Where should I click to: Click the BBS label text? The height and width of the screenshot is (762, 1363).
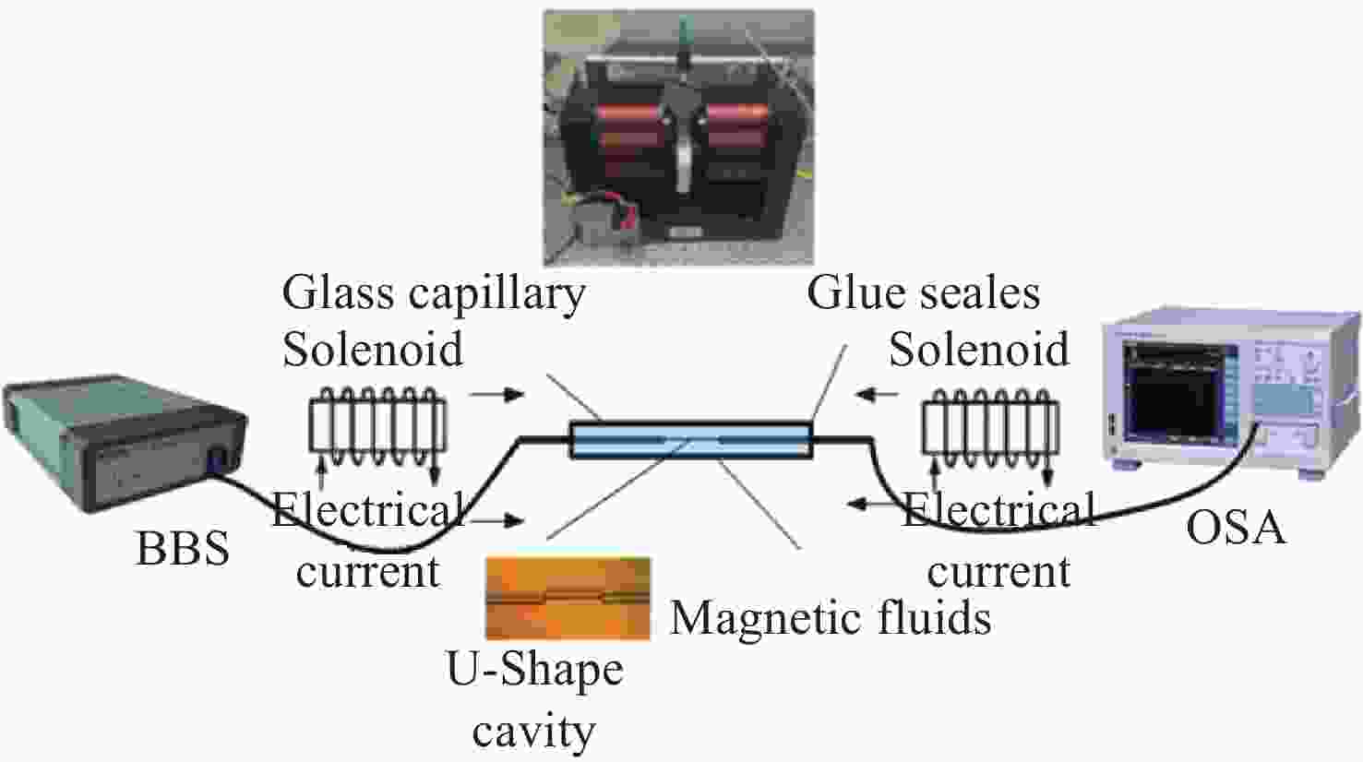pos(183,549)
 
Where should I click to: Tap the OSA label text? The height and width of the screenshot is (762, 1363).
pos(1236,528)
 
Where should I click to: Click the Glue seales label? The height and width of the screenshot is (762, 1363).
pos(923,292)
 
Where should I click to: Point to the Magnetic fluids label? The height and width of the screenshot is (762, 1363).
pos(831,618)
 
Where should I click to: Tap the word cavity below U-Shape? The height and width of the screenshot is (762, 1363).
pos(533,732)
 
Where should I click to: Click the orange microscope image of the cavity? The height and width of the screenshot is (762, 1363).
pos(568,599)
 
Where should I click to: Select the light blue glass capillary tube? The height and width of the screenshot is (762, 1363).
pos(691,440)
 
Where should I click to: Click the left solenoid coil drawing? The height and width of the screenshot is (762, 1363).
pos(377,425)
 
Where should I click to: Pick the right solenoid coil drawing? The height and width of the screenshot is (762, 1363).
pos(990,425)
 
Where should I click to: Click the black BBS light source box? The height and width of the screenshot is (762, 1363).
pos(125,442)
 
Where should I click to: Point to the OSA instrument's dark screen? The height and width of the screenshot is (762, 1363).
pos(1173,392)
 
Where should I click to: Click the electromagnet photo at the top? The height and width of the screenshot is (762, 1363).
pos(678,137)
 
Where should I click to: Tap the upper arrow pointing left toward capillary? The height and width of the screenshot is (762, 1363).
pos(877,395)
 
